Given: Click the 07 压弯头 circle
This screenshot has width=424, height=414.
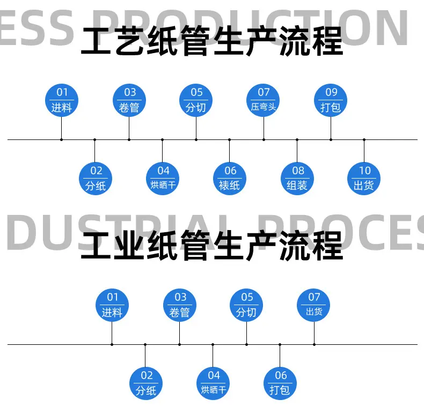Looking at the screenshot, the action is tap(263, 100).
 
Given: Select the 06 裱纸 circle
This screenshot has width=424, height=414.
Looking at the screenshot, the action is tap(230, 179).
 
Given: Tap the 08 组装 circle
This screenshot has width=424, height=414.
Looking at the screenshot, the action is tap(297, 179).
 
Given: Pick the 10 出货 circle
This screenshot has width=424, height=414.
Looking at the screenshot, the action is tap(364, 179).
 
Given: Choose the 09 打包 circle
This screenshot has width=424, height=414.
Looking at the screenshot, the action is tap(331, 100).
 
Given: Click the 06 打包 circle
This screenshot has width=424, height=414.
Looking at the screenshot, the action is tap(280, 383).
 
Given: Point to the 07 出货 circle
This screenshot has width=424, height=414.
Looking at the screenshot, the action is tap(313, 305).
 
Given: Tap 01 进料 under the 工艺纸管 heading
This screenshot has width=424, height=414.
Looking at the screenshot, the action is tap(62, 100).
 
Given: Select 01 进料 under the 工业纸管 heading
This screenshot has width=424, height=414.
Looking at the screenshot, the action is tap(112, 305).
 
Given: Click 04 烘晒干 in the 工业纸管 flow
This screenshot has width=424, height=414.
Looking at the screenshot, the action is tap(213, 383).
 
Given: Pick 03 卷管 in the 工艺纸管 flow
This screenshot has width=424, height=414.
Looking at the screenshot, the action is tap(129, 100).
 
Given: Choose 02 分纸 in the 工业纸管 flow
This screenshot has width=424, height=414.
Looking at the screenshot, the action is tap(146, 383).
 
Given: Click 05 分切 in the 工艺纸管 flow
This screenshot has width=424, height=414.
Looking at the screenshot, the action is tap(196, 100).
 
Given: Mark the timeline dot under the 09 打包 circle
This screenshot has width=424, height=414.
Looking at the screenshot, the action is tap(331, 140).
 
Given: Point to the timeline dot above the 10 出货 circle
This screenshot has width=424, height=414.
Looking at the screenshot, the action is tap(364, 140).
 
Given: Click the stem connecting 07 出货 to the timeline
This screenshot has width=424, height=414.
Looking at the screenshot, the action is tap(314, 333).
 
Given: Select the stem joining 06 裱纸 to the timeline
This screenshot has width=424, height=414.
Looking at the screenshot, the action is tap(230, 151).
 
